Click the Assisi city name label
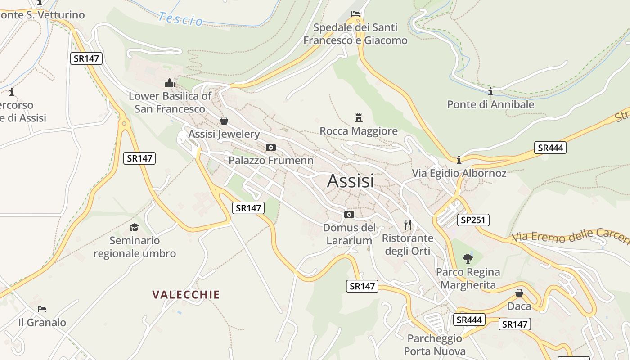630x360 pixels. [x=351, y=181]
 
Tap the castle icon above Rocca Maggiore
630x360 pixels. [x=359, y=118]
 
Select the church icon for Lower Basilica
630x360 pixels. [x=170, y=83]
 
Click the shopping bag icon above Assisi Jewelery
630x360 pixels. [x=224, y=121]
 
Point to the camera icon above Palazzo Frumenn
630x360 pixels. [x=271, y=147]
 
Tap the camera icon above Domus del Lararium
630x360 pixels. [x=349, y=214]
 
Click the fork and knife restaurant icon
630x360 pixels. [x=408, y=225]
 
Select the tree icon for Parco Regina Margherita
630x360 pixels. [x=468, y=259]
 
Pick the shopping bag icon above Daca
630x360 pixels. [x=519, y=293]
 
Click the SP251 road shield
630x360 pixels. [x=473, y=220]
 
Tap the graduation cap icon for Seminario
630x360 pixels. [x=134, y=227]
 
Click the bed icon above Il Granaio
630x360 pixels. [x=42, y=309]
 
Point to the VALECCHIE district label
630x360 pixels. [x=186, y=295]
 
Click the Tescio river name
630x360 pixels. [x=180, y=18]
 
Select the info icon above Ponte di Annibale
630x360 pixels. [x=490, y=92]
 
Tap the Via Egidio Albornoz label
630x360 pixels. [x=459, y=173]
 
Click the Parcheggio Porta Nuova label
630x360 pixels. [x=435, y=345]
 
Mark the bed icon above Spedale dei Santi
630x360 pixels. [x=355, y=14]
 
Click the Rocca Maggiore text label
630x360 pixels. [x=359, y=131]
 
